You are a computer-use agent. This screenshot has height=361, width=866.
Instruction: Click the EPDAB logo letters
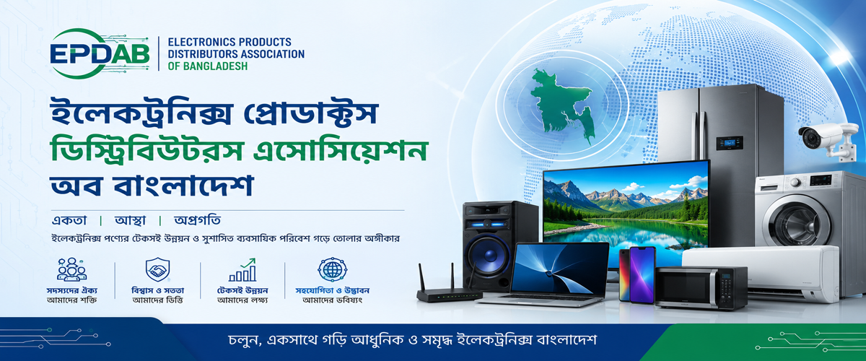(100, 53)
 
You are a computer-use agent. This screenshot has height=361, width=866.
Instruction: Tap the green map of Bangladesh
(561, 105)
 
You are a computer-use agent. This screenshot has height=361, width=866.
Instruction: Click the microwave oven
(701, 287)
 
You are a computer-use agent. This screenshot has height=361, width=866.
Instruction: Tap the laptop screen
(558, 268)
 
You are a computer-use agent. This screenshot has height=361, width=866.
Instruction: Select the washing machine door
(798, 220)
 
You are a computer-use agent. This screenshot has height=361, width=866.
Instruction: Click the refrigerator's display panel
(730, 143)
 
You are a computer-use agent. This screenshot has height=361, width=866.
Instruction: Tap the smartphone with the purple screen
(642, 274)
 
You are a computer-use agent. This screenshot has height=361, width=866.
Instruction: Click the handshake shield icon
(157, 270)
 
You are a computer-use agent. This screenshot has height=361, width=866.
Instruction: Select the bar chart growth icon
(242, 270)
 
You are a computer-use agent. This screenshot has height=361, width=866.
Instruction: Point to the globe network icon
(332, 269)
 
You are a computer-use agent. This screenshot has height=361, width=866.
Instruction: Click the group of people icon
(71, 269)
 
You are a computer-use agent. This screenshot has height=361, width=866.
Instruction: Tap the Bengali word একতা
(69, 220)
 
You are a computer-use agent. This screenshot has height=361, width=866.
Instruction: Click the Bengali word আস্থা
(131, 220)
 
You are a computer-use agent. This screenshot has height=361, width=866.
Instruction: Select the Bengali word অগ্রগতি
(197, 220)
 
